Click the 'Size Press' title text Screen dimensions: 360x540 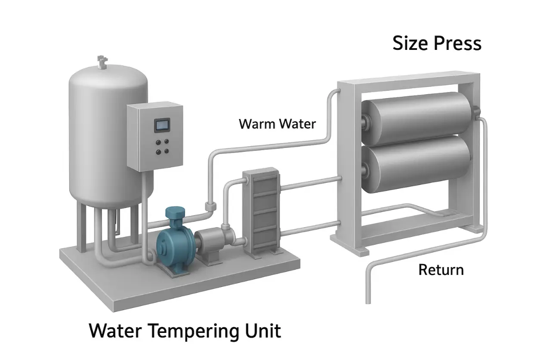pyautogui.click(x=437, y=44)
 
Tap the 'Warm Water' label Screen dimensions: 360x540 pyautogui.click(x=277, y=124)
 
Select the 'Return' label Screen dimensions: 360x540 pyautogui.click(x=441, y=270)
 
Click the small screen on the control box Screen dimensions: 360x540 pyautogui.click(x=162, y=125)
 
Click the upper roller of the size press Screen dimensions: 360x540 pyautogui.click(x=416, y=114)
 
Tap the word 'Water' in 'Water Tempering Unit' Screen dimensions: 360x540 pyautogui.click(x=115, y=332)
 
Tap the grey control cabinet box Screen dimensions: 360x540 pyautogui.click(x=155, y=135)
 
